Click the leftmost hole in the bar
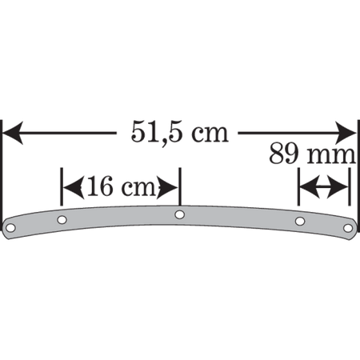[10, 228]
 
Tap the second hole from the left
[62, 220]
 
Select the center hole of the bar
[180, 214]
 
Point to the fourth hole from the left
[300, 221]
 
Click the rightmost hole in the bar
[348, 228]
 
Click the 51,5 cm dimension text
[180, 132]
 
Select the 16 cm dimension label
[121, 186]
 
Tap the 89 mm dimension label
[312, 154]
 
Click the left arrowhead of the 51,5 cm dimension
[13, 133]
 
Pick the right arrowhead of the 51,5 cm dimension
[346, 133]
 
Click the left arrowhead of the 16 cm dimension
[74, 187]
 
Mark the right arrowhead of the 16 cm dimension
[167, 187]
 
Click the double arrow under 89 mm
[324, 187]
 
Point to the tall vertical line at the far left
[2, 176]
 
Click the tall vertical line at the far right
[358, 176]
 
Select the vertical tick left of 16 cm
[62, 186]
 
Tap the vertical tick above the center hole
[180, 186]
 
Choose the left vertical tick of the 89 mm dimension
[298, 186]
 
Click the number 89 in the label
[284, 154]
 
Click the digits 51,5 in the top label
[158, 132]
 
